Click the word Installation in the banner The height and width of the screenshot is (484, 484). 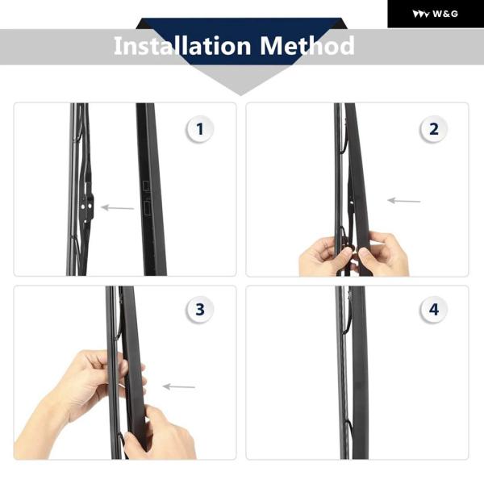(182, 46)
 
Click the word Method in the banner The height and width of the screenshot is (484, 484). (307, 46)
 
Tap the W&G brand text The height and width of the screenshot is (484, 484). (445, 14)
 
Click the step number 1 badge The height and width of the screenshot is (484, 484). (200, 129)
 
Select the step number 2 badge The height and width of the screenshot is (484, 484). (434, 129)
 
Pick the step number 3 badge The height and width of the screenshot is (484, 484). (200, 309)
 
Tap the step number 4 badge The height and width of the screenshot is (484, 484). (434, 309)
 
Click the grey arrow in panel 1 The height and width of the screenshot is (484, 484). (118, 208)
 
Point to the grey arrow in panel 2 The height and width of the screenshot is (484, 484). (404, 201)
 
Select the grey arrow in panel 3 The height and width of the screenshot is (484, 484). (179, 386)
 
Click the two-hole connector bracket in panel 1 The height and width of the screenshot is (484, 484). (86, 205)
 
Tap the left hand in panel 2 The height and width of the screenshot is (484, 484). (325, 257)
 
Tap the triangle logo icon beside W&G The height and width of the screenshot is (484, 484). (421, 15)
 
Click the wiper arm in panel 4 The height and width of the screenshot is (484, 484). (360, 372)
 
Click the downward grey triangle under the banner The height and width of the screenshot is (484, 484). (240, 80)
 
